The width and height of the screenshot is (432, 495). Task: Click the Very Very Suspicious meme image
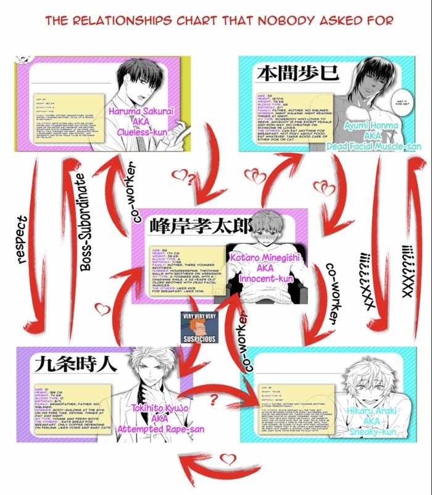pyautogui.click(x=198, y=328)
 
